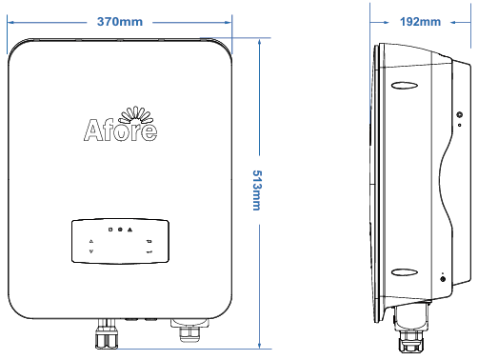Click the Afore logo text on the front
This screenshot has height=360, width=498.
point(119,130)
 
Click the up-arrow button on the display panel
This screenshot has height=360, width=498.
point(90,241)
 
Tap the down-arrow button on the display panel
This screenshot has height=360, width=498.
point(90,252)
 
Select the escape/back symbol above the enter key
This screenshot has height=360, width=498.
point(149,241)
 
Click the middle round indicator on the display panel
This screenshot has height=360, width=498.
point(120,230)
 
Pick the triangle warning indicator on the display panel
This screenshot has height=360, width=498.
point(130,230)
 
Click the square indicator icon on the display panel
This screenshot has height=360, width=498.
point(110,230)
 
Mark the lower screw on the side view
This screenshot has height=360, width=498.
point(443,285)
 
